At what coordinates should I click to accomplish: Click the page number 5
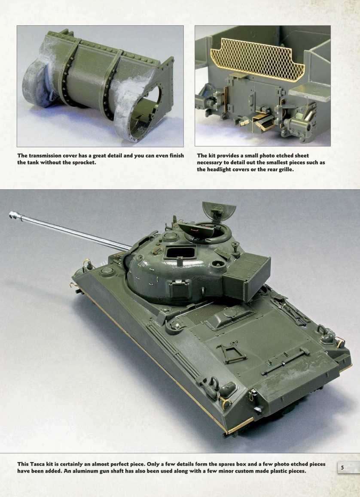(342, 467)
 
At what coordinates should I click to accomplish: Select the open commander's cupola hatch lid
(218, 210)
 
